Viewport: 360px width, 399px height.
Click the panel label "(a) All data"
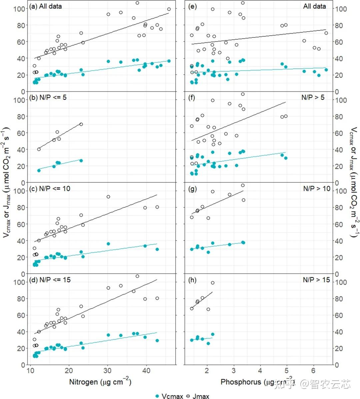click(45, 6)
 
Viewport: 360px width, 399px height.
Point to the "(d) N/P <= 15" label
click(50, 280)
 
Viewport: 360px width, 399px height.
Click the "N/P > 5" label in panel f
click(313, 97)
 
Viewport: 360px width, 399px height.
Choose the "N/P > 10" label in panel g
click(316, 188)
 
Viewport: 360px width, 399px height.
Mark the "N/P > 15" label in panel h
click(316, 280)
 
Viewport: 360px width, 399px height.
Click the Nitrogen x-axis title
click(100, 382)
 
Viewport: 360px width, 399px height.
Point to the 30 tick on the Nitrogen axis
click(107, 371)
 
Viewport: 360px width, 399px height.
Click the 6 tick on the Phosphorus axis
click(313, 371)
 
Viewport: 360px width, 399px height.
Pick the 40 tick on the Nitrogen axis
click(146, 371)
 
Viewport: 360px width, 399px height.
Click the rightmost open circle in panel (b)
click(81, 124)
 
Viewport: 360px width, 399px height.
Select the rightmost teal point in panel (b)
click(81, 161)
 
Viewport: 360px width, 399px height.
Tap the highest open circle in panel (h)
click(213, 283)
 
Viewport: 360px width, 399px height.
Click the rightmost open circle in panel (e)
click(326, 33)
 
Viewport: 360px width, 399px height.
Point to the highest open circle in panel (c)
click(108, 197)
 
